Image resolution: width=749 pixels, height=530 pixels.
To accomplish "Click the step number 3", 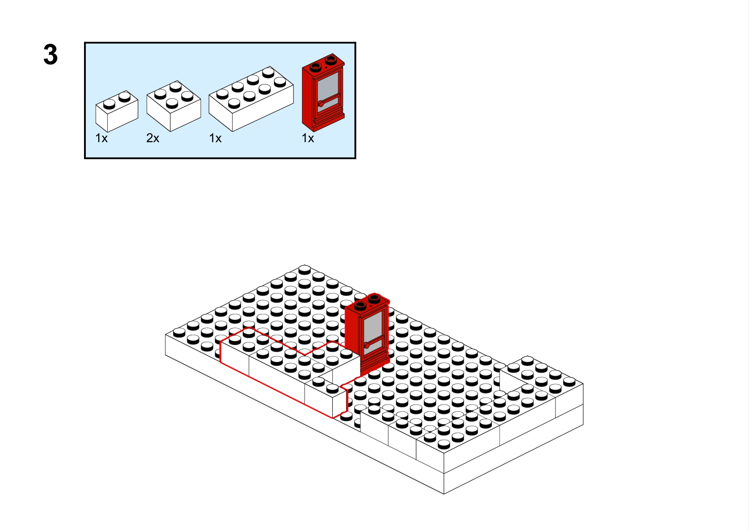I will (50, 55).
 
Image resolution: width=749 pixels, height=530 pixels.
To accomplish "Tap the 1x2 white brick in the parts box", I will (117, 112).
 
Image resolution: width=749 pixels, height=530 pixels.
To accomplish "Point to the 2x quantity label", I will (153, 138).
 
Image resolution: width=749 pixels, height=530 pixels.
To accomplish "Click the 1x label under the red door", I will (308, 138).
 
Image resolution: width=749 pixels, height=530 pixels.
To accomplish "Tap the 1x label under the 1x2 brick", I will (101, 138).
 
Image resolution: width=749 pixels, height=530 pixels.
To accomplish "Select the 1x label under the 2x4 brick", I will (215, 138).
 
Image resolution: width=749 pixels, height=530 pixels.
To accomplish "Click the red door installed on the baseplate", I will (367, 333).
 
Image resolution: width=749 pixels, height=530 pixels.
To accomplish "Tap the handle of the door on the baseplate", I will (368, 345).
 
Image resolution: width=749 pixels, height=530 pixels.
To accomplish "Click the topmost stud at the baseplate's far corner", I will (305, 269).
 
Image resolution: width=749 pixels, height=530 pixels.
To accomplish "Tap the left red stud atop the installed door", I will (360, 305).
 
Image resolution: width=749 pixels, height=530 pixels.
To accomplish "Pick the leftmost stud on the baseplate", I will (179, 332).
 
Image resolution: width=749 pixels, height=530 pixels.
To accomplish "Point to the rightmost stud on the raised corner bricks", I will (569, 381).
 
